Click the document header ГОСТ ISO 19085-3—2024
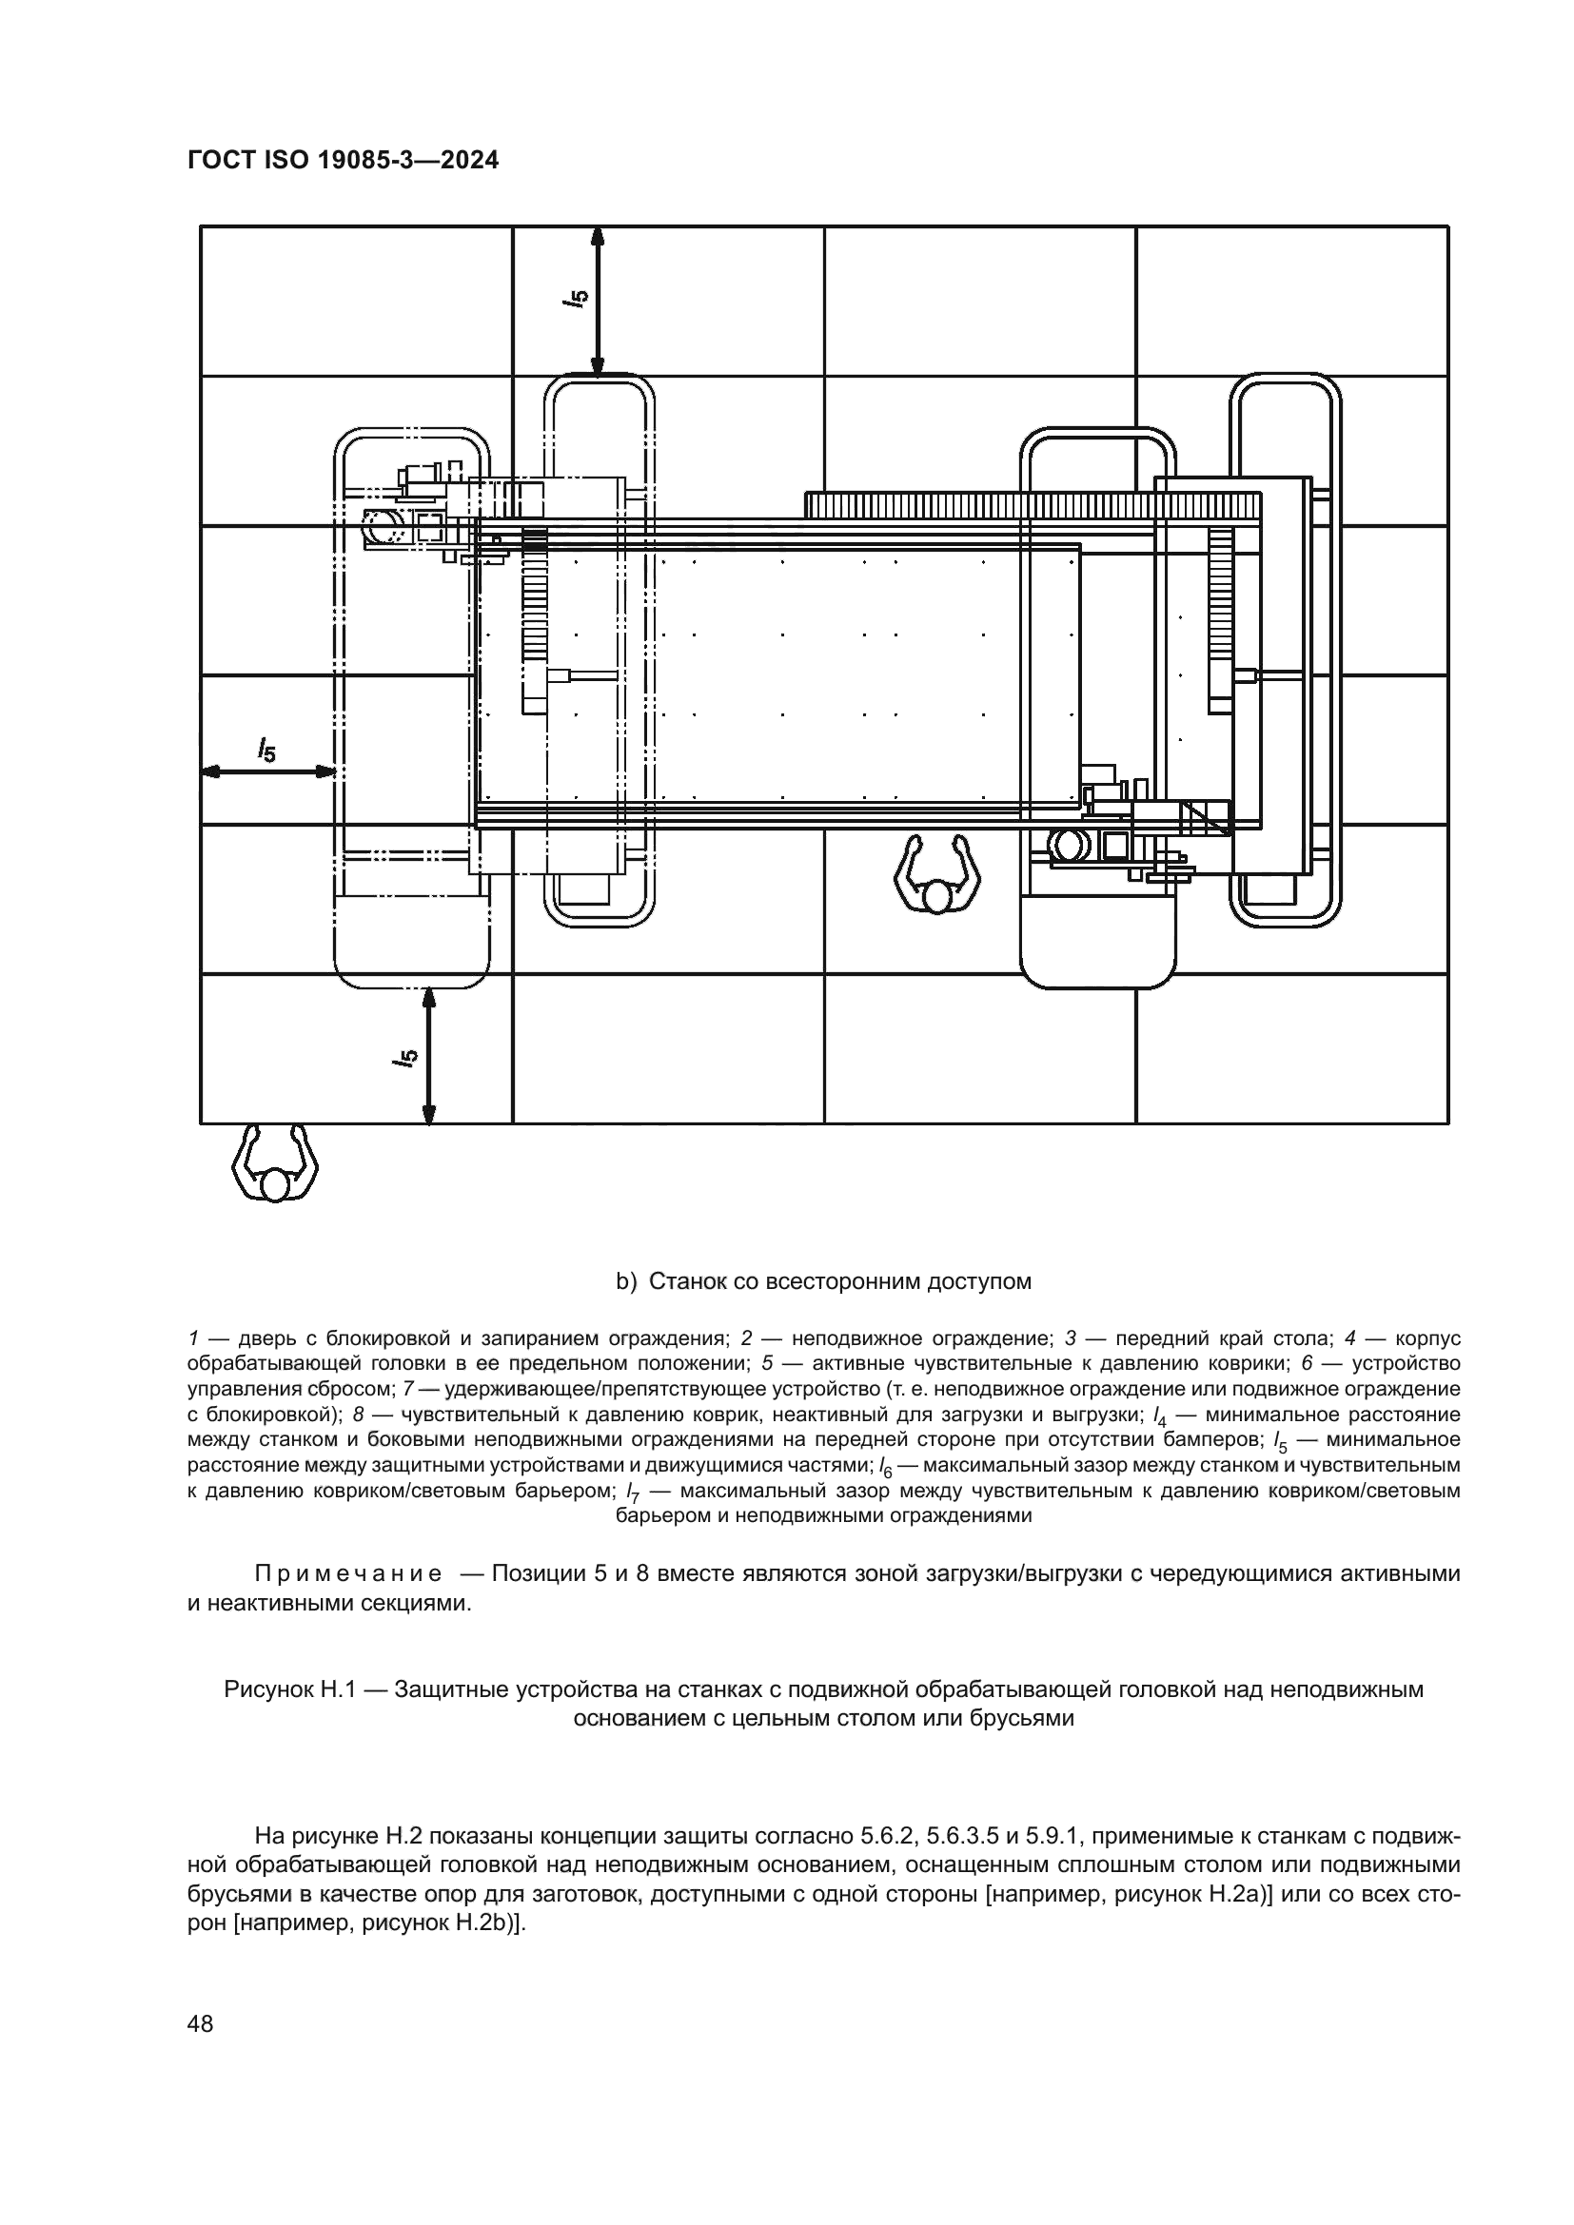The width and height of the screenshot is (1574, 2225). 344,161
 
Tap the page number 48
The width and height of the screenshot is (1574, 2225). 201,2023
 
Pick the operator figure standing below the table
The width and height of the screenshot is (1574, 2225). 935,875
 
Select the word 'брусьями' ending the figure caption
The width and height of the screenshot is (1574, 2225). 1029,1719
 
